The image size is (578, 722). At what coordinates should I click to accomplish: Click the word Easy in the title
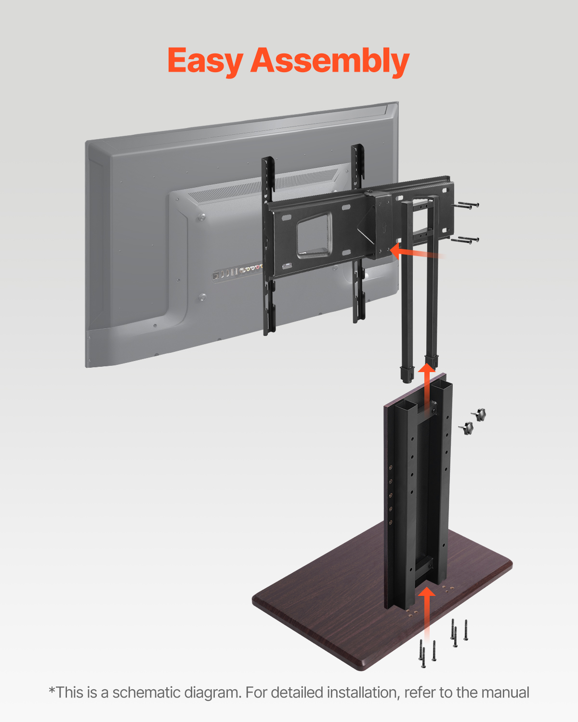205,62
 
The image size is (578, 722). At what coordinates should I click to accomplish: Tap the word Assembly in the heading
329,62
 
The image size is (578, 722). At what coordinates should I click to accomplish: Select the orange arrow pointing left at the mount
414,252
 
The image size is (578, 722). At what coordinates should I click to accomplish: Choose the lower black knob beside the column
466,427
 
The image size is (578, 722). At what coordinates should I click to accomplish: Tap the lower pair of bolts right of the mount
465,239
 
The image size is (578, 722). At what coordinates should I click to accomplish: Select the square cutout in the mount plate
314,235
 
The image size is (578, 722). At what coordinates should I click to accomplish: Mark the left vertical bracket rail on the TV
268,245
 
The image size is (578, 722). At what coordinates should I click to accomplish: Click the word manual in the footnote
505,693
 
